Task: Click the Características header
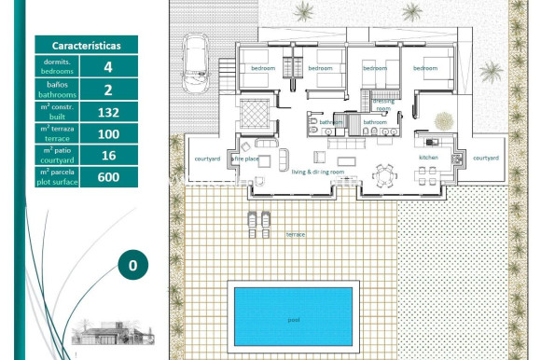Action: click(x=86, y=44)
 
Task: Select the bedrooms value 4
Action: click(x=108, y=67)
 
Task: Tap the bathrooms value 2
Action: click(x=108, y=90)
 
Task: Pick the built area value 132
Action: click(x=108, y=112)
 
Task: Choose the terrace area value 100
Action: click(x=108, y=134)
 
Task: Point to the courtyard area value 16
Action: click(x=108, y=156)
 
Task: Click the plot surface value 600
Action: click(x=108, y=178)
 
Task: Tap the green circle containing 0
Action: click(x=132, y=265)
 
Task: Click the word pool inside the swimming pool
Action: click(x=294, y=319)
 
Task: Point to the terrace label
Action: click(x=296, y=235)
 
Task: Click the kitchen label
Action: click(x=428, y=159)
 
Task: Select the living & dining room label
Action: click(x=318, y=173)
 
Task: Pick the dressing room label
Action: click(x=383, y=104)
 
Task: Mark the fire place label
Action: click(x=244, y=159)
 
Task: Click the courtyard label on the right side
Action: click(x=486, y=159)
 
